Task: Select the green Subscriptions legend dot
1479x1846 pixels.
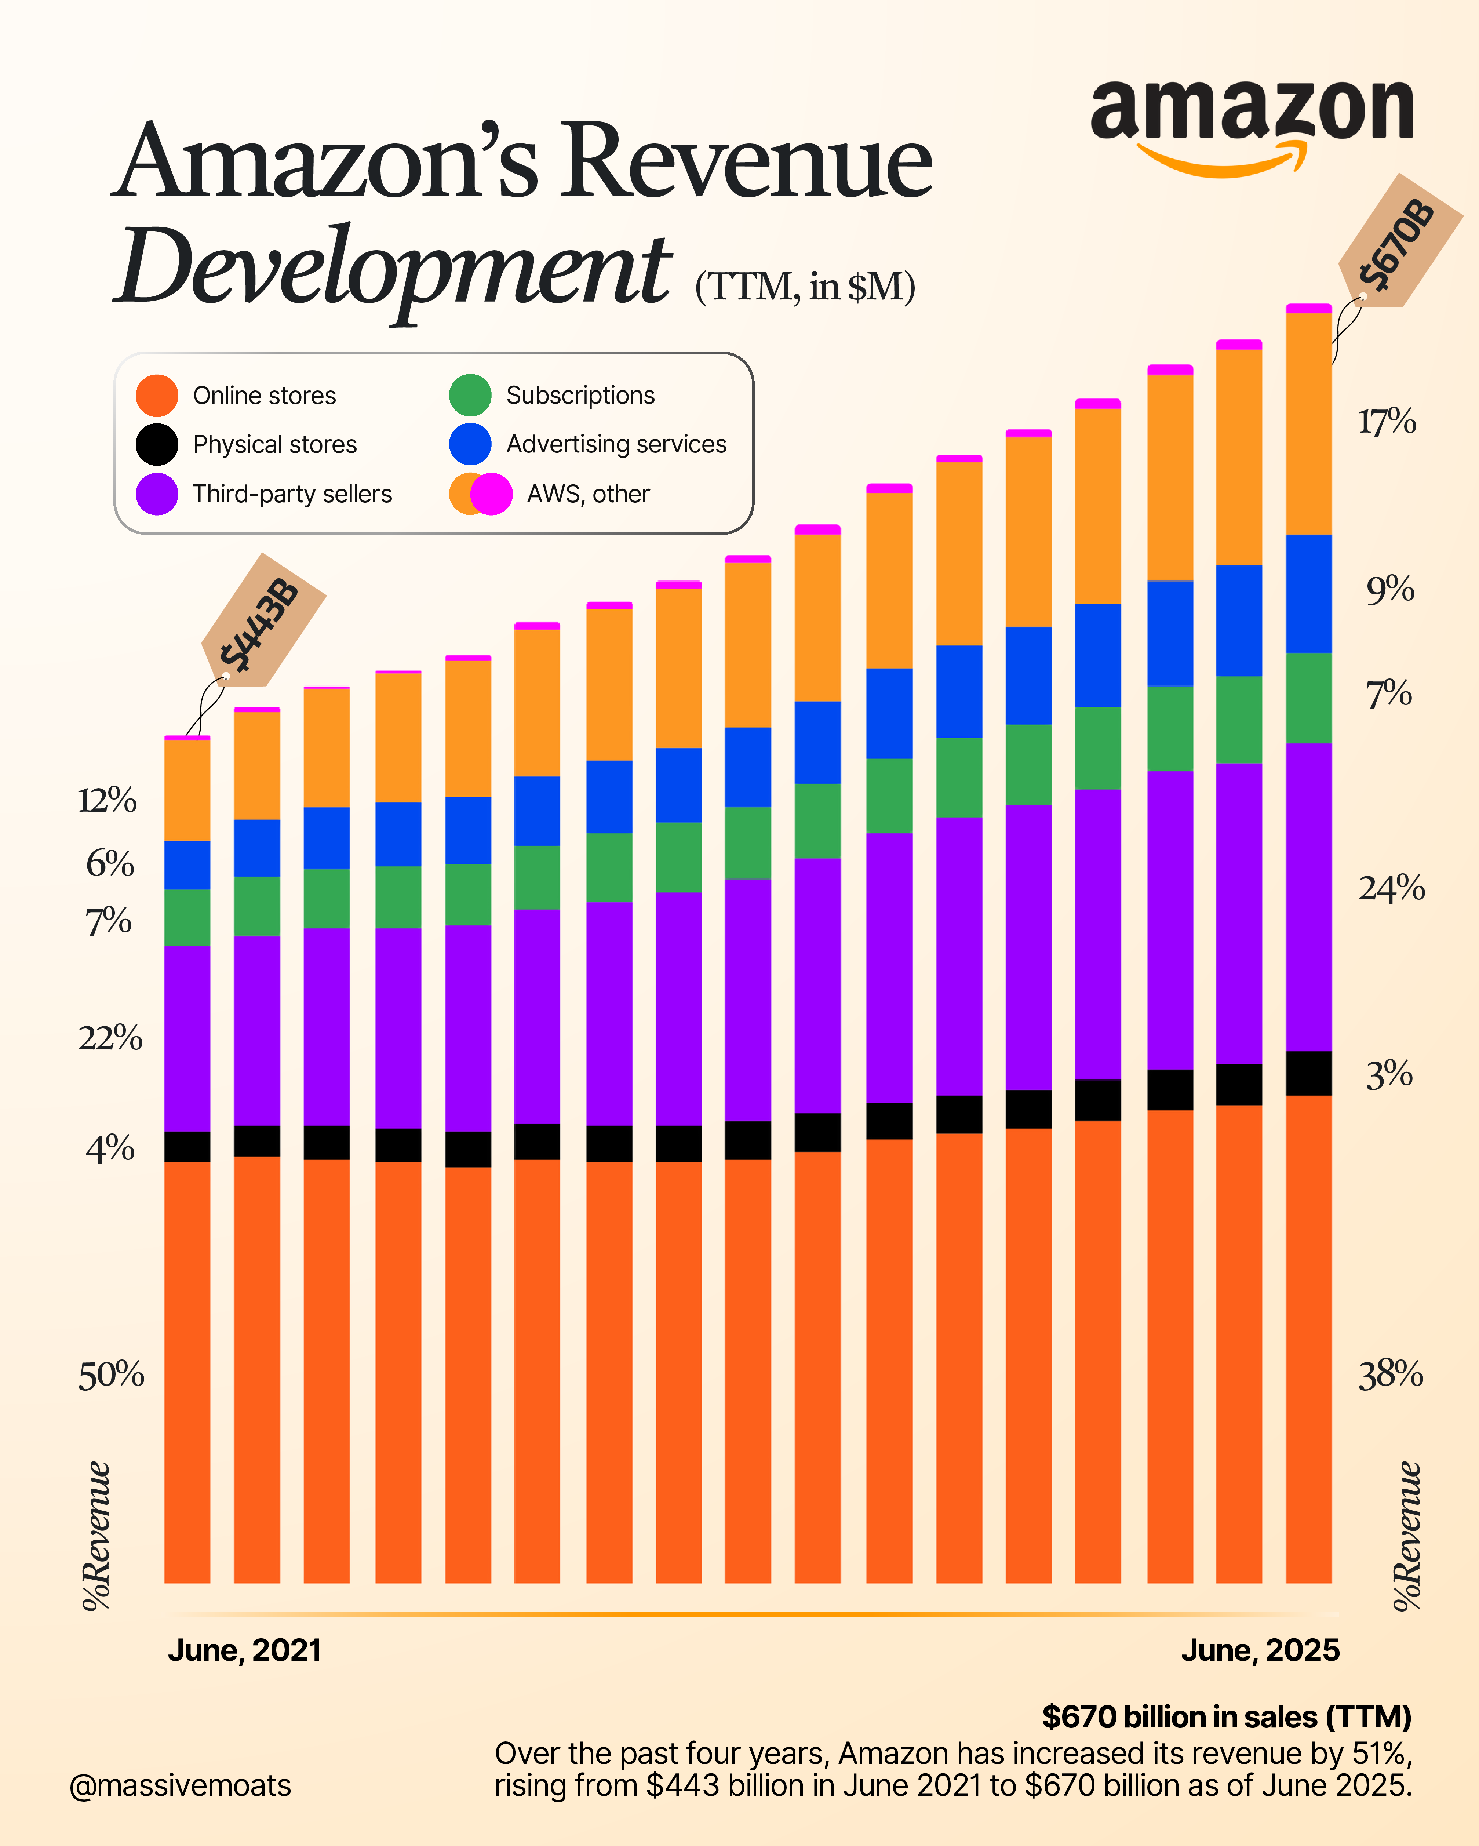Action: coord(470,395)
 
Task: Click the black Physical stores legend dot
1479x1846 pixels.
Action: coord(157,444)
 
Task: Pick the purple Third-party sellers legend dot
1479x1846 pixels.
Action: coord(157,494)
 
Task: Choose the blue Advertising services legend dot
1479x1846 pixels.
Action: coord(470,444)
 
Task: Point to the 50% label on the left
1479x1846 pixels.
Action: coord(110,1375)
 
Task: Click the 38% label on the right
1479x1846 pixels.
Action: coord(1390,1375)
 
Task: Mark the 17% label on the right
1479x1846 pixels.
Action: coord(1387,421)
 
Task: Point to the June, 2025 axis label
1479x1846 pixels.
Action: coord(1260,1650)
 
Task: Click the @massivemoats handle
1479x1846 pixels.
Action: coord(180,1785)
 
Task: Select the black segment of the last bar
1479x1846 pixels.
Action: coord(1309,1073)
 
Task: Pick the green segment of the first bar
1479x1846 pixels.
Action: coord(187,917)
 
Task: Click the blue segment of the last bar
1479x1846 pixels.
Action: coord(1309,593)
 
